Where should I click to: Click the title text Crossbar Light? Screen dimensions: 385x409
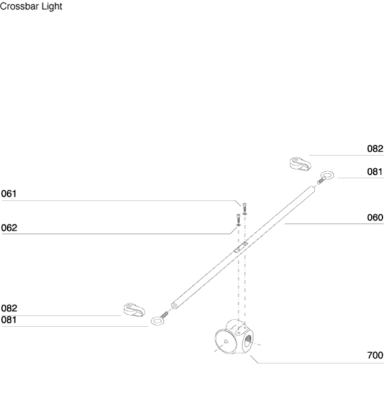[31, 6]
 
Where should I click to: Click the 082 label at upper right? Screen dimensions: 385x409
[375, 149]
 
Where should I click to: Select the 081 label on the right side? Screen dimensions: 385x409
[375, 172]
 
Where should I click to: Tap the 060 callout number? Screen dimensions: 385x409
[375, 217]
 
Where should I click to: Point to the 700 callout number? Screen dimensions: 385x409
[375, 355]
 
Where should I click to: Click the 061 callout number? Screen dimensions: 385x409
[9, 194]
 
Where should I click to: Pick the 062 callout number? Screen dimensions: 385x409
[9, 228]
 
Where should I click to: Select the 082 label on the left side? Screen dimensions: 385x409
[9, 308]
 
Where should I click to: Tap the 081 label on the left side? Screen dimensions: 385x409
[9, 320]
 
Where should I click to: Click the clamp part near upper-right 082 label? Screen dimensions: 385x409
[300, 164]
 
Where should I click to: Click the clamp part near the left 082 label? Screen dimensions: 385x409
[134, 310]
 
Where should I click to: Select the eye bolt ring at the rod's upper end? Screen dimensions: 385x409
[327, 175]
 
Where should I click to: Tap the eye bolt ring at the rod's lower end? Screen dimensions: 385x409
[158, 321]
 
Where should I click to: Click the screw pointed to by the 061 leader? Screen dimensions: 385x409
[245, 209]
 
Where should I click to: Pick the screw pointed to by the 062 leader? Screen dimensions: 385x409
[239, 220]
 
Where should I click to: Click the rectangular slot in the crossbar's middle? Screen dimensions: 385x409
[240, 247]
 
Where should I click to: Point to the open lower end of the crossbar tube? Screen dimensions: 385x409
[174, 305]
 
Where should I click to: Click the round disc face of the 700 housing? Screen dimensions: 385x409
[223, 341]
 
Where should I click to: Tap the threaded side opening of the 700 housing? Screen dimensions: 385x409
[247, 341]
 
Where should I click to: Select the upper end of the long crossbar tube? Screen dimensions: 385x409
[312, 188]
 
